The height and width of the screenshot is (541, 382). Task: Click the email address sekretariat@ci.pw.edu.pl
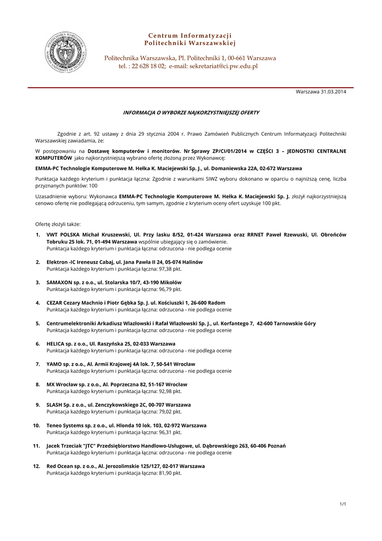point(224,66)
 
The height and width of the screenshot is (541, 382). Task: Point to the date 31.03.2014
point(333,92)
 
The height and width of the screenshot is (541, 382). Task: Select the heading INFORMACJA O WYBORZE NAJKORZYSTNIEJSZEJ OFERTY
point(191,113)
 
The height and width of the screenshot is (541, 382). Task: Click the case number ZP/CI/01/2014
point(228,151)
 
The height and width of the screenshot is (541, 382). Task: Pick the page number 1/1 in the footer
point(342,503)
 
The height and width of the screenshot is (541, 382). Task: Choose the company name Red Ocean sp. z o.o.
point(70,466)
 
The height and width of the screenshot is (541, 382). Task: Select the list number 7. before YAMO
point(38,364)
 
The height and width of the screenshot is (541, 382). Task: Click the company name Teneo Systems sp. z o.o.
point(75,425)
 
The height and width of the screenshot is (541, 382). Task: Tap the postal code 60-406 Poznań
point(268,446)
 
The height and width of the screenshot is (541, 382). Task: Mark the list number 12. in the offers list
point(36,466)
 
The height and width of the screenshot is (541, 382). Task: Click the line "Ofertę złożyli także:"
point(58,224)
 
